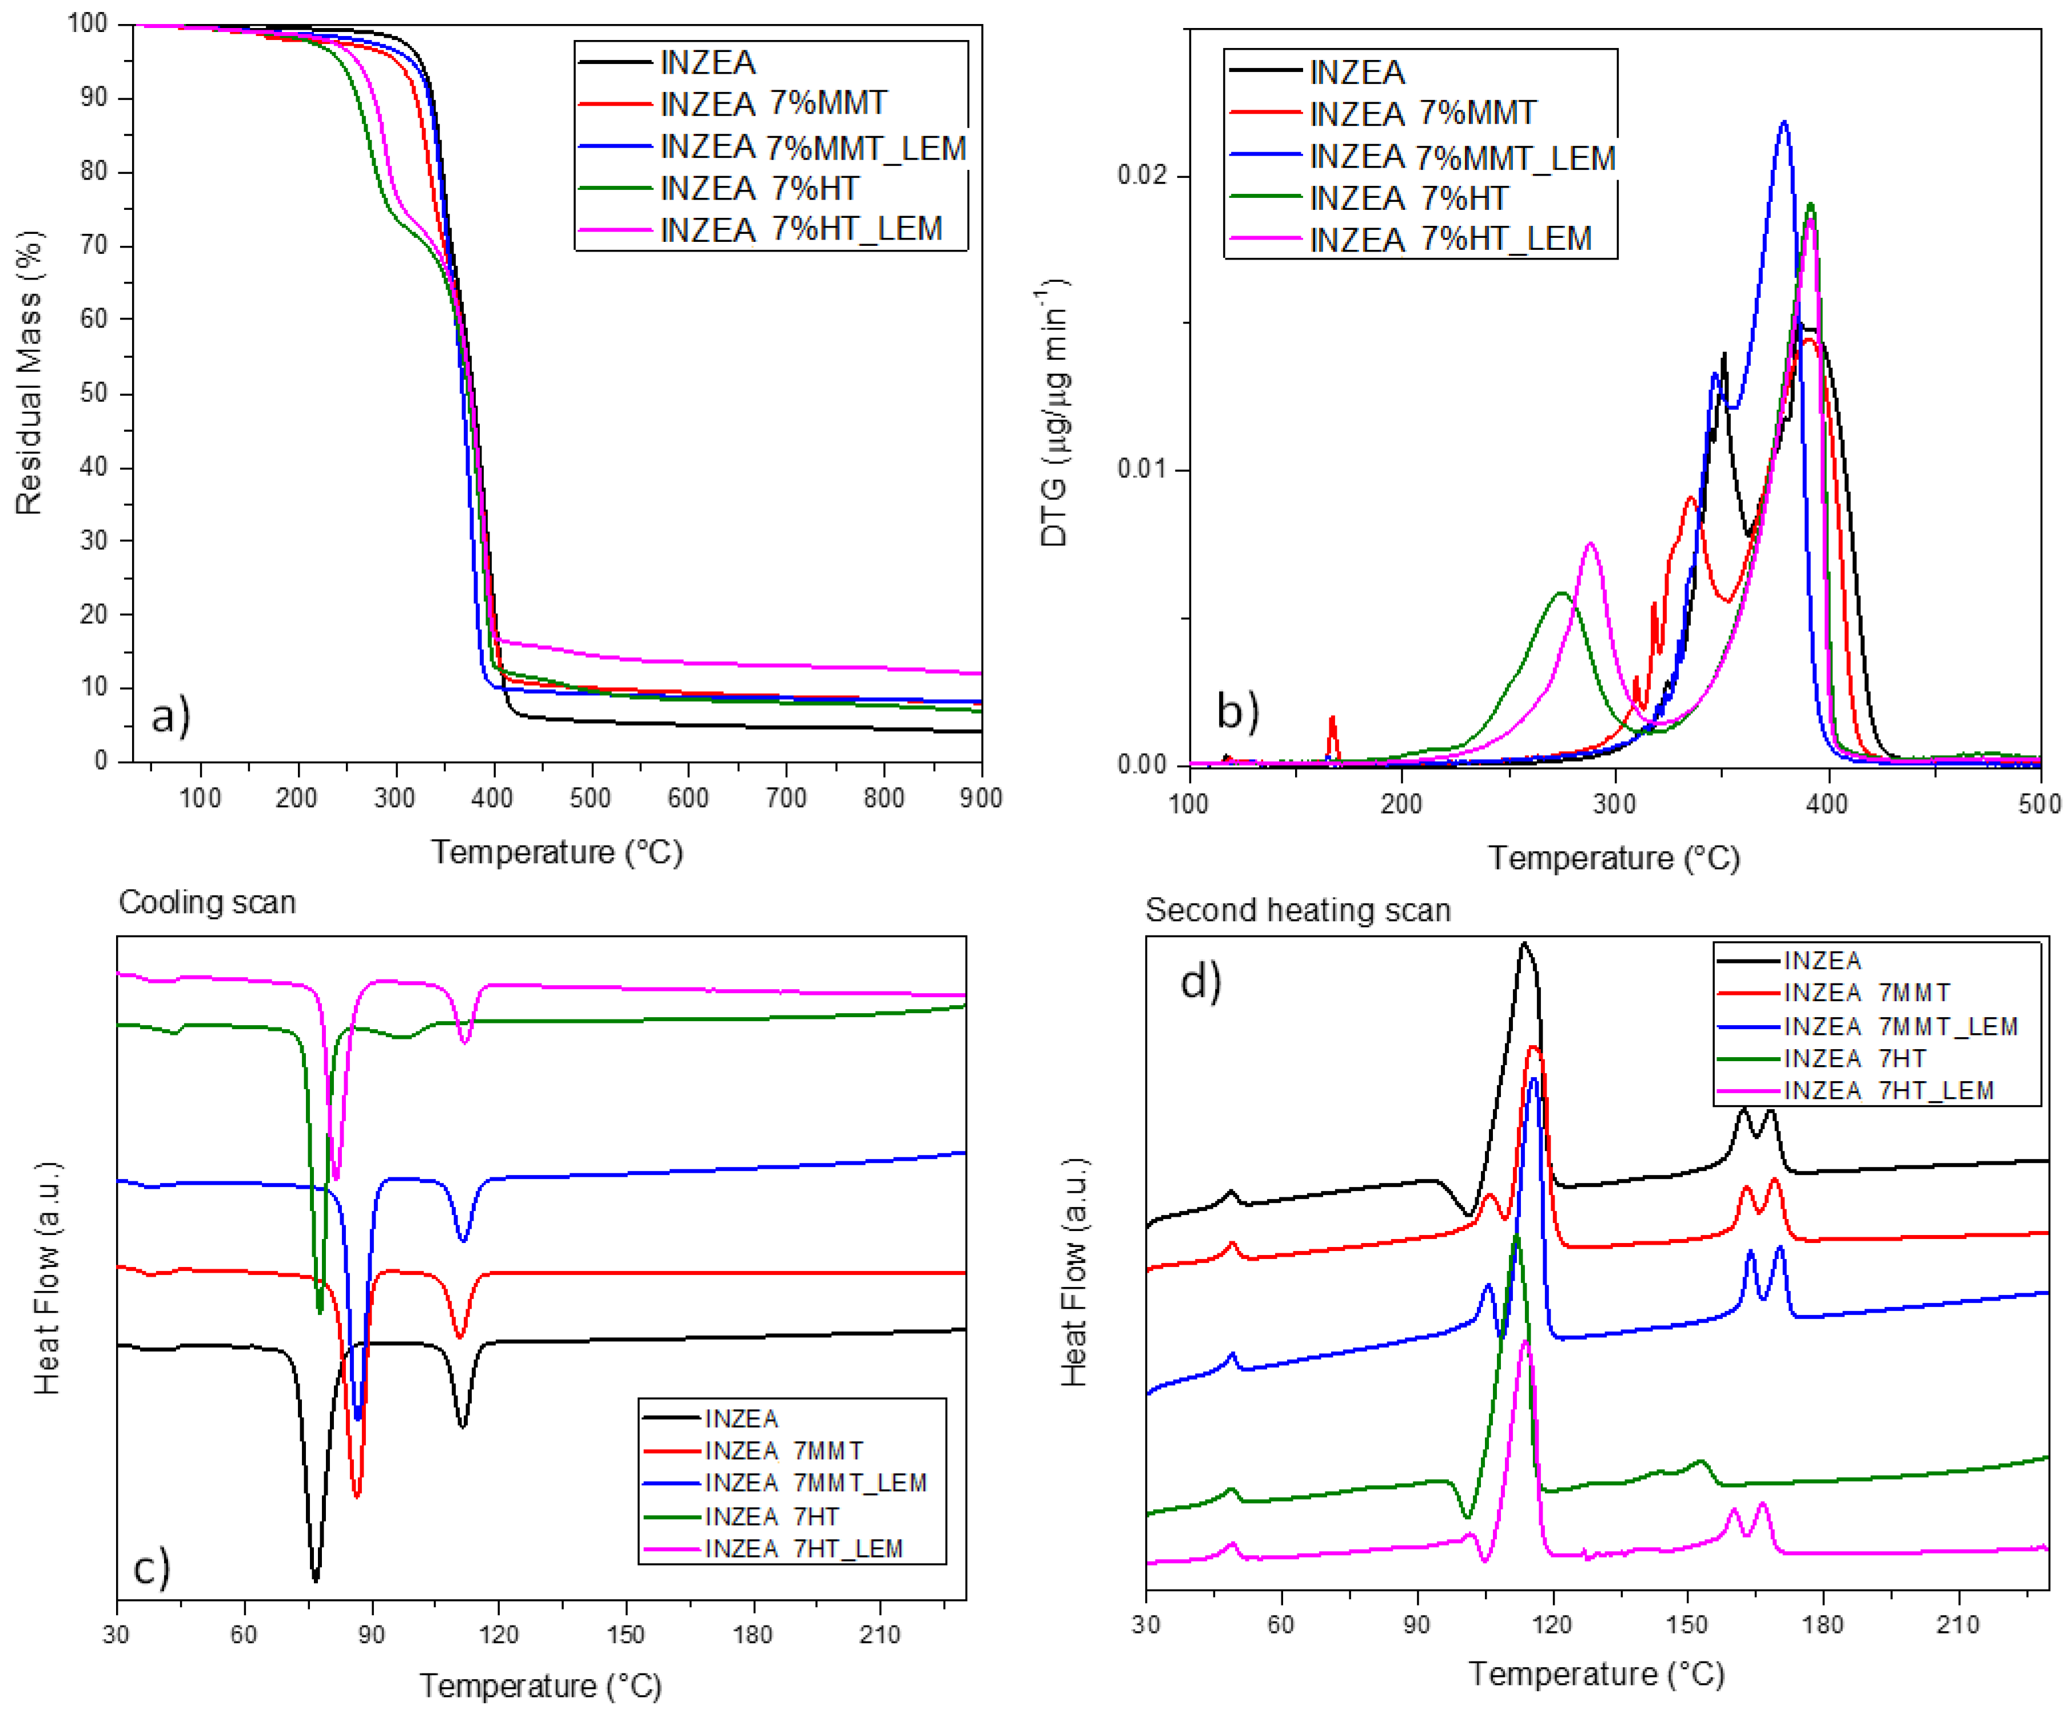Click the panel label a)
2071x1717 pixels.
click(170, 715)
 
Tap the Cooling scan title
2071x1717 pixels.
click(207, 902)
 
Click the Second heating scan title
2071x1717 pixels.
click(1297, 909)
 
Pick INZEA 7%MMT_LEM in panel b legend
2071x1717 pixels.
click(1461, 157)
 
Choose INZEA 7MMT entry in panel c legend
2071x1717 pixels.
click(784, 1451)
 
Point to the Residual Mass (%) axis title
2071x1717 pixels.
click(30, 373)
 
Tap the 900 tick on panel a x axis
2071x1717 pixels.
click(980, 798)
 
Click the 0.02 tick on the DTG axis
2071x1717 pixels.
click(1141, 176)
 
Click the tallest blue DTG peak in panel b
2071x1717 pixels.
click(1783, 124)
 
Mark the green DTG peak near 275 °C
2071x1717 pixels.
click(1561, 593)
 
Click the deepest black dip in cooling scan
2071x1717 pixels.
click(316, 1578)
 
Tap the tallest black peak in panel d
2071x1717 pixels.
click(1524, 945)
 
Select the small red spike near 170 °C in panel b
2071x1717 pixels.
click(1332, 720)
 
